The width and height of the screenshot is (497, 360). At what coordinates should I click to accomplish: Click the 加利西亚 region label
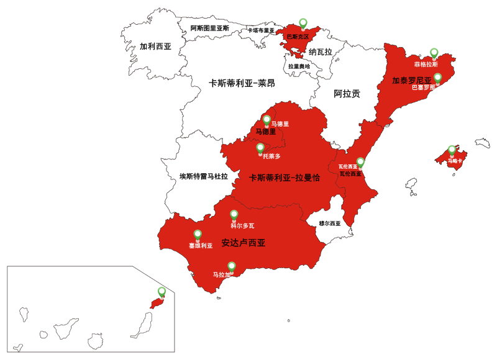[155, 47]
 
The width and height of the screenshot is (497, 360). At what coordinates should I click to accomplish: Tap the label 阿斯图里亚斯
[210, 29]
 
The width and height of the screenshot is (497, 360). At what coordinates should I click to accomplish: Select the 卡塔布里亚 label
[261, 30]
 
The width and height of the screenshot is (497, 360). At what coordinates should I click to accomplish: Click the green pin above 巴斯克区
[303, 23]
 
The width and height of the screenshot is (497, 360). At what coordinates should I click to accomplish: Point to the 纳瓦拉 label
[321, 52]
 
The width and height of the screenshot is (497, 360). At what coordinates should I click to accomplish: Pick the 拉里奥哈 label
[299, 66]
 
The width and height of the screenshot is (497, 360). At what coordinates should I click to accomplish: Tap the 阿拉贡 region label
[347, 94]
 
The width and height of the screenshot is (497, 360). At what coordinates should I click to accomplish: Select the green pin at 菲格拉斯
[434, 53]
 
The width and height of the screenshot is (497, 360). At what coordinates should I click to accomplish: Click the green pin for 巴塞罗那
[437, 78]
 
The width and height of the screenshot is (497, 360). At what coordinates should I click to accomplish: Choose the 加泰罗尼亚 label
[412, 80]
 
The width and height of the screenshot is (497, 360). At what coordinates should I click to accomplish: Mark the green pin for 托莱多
[260, 148]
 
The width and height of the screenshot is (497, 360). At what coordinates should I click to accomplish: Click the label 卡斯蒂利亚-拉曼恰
[285, 178]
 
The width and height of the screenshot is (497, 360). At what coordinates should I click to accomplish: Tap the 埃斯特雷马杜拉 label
[204, 176]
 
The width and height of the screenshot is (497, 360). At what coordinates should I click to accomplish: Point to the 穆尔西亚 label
[330, 223]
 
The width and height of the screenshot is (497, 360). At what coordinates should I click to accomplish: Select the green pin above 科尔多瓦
[234, 214]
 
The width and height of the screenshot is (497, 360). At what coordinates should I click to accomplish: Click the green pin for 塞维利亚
[198, 234]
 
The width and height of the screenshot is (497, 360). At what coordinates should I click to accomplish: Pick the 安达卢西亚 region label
[244, 243]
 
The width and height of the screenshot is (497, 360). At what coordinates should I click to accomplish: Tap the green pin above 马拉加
[232, 266]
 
